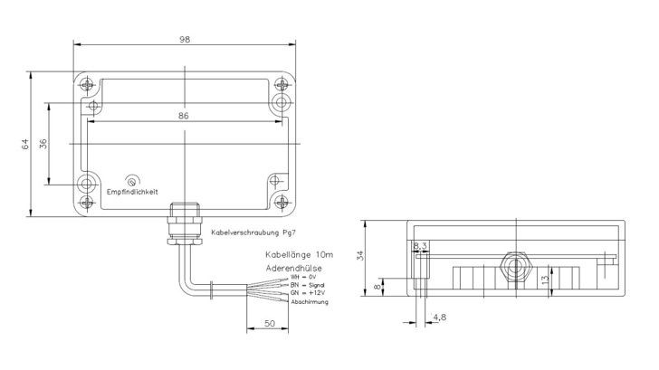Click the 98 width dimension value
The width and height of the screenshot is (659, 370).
(184, 41)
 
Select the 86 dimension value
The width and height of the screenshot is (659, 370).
(184, 117)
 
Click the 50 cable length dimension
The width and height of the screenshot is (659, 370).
(269, 321)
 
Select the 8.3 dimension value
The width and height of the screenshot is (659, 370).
(420, 245)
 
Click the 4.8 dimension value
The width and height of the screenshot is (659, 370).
(439, 318)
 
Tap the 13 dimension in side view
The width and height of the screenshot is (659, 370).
(543, 280)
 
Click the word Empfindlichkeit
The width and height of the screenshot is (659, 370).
(132, 192)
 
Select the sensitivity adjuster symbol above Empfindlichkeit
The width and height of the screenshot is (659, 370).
(133, 181)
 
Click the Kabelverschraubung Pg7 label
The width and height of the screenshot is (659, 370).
(253, 232)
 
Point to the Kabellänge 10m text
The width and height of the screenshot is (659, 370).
(298, 256)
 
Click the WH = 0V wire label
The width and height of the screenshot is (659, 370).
(304, 278)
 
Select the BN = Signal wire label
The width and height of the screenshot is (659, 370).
(307, 286)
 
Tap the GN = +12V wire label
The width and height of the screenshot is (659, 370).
(307, 293)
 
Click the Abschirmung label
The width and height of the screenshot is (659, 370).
(309, 301)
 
